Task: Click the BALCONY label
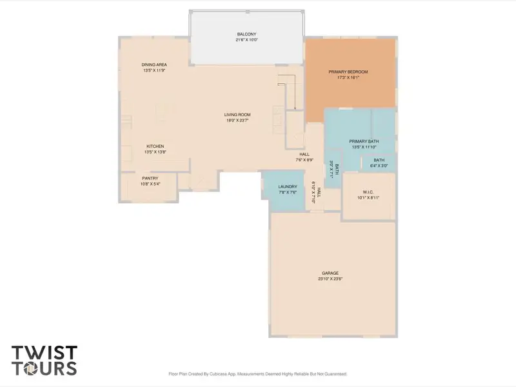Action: pos(246,34)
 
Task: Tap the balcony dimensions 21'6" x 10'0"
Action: pos(246,40)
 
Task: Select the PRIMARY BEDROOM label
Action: pos(348,72)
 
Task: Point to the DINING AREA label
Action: pos(154,64)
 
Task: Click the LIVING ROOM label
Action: pos(237,114)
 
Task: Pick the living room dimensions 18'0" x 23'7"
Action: pos(237,120)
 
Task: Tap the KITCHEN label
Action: pos(155,146)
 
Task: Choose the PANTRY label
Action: pos(150,178)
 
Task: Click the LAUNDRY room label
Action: pos(288,186)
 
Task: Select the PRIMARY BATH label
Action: pos(364,141)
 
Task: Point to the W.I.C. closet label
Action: pos(368,192)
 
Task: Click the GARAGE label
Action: pos(330,273)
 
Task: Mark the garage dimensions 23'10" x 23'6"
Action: pos(330,279)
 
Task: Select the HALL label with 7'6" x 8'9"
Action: pos(304,154)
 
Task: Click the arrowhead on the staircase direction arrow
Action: pos(295,108)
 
